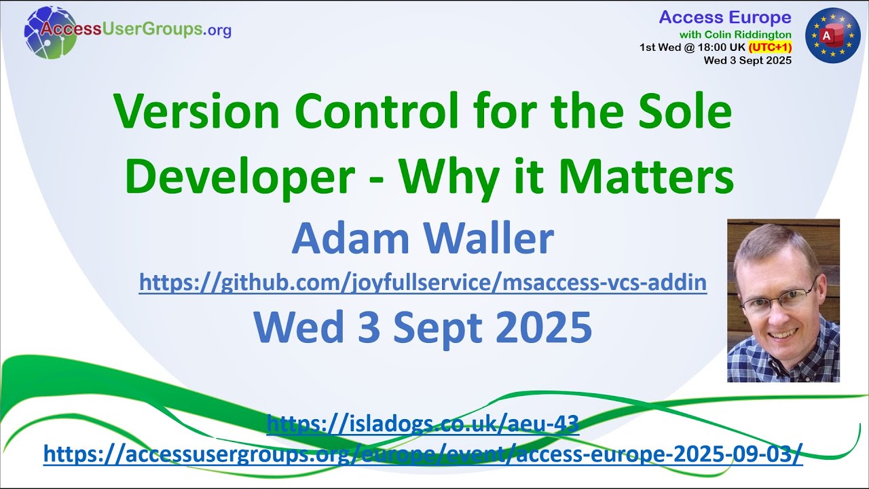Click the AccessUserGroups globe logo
click(50, 31)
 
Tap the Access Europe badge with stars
click(832, 35)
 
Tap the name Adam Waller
click(422, 238)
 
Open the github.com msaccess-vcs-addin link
click(422, 282)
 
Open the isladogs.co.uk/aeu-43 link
click(422, 424)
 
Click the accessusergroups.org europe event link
click(422, 454)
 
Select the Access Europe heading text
click(725, 18)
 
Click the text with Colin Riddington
click(735, 34)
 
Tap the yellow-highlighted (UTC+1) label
click(770, 48)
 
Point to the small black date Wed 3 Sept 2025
click(747, 60)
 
